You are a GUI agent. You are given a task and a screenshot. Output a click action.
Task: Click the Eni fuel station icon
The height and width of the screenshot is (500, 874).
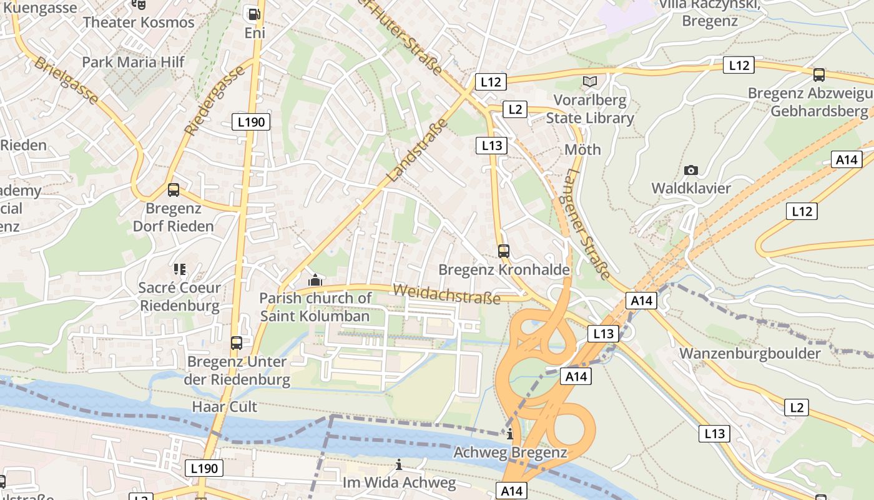[253, 13]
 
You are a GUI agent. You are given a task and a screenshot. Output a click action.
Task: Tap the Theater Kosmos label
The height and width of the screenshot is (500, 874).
[139, 22]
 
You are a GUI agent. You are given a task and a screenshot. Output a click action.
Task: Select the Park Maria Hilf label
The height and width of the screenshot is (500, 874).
[134, 62]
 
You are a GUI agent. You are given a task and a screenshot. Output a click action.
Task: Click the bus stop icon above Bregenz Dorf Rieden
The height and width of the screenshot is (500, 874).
[174, 189]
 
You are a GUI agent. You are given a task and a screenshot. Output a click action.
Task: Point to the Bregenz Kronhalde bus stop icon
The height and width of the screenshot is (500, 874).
[504, 251]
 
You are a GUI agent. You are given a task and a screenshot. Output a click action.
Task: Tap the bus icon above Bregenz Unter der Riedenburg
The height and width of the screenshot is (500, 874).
[237, 342]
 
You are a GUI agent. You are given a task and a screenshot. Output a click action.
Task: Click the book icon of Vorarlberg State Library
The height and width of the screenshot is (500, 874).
[590, 81]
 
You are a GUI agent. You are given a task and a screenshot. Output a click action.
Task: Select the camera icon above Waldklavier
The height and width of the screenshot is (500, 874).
[691, 170]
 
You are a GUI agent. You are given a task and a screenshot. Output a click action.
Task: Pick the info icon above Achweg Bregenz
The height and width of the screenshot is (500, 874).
[510, 434]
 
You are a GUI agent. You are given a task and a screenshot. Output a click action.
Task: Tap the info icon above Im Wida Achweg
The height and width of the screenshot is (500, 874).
[399, 465]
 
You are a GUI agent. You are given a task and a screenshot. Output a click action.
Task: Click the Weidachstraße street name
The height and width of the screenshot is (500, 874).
[446, 294]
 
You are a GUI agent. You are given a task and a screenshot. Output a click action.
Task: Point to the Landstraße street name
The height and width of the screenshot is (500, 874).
[418, 151]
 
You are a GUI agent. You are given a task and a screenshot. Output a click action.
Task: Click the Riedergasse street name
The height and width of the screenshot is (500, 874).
[215, 99]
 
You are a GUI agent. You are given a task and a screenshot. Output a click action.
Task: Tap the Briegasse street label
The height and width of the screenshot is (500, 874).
[67, 81]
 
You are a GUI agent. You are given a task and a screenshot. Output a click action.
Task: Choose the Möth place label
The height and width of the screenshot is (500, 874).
[582, 149]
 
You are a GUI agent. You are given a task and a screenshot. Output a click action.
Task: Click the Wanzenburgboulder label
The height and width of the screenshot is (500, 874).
[750, 353]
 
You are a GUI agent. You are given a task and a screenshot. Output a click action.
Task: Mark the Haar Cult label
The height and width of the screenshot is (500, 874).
[224, 406]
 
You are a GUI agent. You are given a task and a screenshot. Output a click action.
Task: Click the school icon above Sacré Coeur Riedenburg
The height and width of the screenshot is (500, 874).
[180, 269]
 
